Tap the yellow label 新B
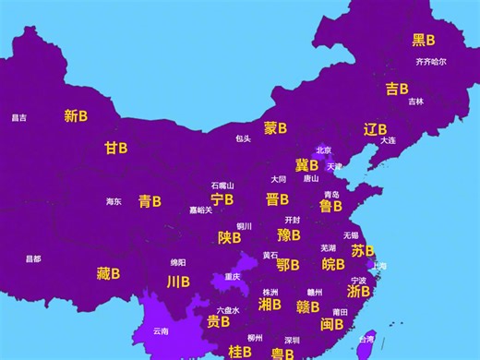click(76, 116)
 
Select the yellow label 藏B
click(108, 273)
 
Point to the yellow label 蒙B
click(275, 128)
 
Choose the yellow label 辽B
click(375, 129)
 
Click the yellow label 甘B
click(115, 148)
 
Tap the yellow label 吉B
click(397, 89)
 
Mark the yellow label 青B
click(150, 200)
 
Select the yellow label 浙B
click(358, 291)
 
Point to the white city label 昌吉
click(18, 117)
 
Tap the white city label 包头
click(243, 138)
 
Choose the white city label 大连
click(388, 140)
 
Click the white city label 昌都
click(33, 258)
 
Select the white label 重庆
click(233, 276)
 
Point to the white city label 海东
click(113, 201)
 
